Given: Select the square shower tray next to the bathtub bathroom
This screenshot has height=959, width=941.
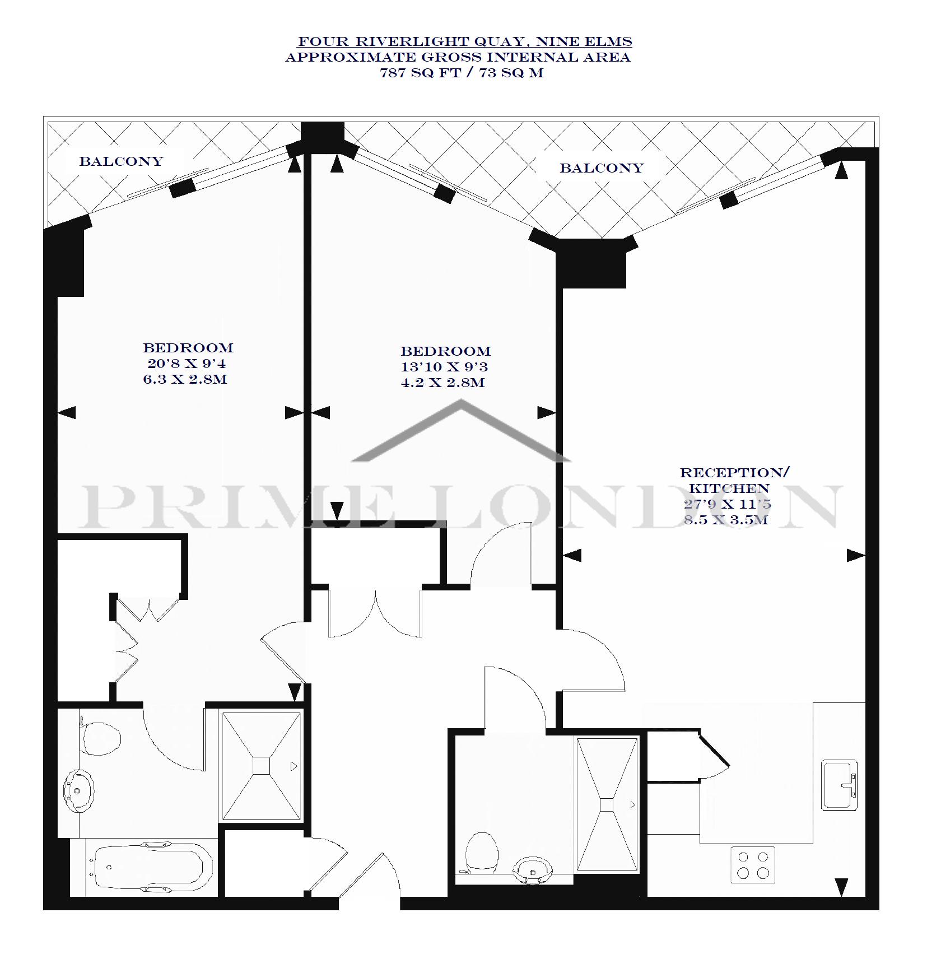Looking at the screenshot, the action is [261, 766].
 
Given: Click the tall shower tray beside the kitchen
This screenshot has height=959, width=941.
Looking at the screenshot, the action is [607, 804].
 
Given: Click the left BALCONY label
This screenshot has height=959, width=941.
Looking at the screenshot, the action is [121, 161].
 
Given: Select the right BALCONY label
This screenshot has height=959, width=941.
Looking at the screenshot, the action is [602, 168].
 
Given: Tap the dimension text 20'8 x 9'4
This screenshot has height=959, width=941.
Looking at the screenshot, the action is [187, 364].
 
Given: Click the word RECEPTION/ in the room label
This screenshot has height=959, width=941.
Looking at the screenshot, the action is [734, 473].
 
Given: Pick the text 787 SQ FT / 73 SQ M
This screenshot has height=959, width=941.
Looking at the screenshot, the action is [462, 73].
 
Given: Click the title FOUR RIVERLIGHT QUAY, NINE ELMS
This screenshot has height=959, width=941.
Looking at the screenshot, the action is [465, 41].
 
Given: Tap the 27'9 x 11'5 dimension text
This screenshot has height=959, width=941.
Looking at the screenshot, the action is [728, 504].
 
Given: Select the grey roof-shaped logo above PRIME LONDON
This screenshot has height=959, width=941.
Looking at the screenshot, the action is [460, 430].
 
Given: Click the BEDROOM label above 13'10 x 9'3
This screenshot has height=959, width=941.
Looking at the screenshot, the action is [445, 351].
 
